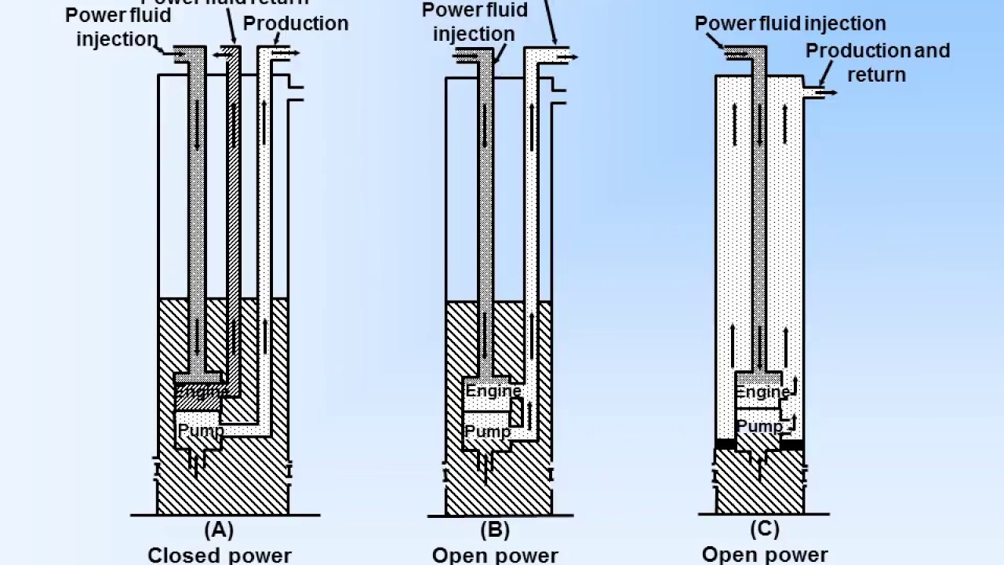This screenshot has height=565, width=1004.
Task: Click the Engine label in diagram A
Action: pyautogui.click(x=202, y=390)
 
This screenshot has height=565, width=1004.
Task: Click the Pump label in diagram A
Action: pyautogui.click(x=201, y=430)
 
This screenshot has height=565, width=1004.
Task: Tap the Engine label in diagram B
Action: pyautogui.click(x=493, y=390)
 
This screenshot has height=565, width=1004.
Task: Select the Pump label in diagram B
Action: pyautogui.click(x=487, y=431)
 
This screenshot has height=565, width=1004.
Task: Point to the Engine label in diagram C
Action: pyautogui.click(x=762, y=391)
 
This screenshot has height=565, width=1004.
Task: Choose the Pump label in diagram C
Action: pyautogui.click(x=759, y=426)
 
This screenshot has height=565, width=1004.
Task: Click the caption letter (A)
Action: pyautogui.click(x=219, y=530)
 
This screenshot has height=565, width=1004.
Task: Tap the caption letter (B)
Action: pyautogui.click(x=494, y=530)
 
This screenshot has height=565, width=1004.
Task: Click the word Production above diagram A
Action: pyautogui.click(x=296, y=24)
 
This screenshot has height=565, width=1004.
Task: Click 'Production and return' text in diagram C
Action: pyautogui.click(x=877, y=62)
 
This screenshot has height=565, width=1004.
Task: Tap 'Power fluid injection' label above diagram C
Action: pyautogui.click(x=790, y=24)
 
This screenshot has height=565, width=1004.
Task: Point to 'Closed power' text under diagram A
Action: pyautogui.click(x=219, y=556)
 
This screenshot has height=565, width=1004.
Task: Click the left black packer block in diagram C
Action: pyautogui.click(x=726, y=445)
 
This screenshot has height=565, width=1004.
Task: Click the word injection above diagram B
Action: pyautogui.click(x=474, y=35)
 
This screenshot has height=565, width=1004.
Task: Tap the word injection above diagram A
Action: pyautogui.click(x=117, y=39)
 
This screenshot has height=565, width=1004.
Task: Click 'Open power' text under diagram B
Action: pyautogui.click(x=495, y=556)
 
